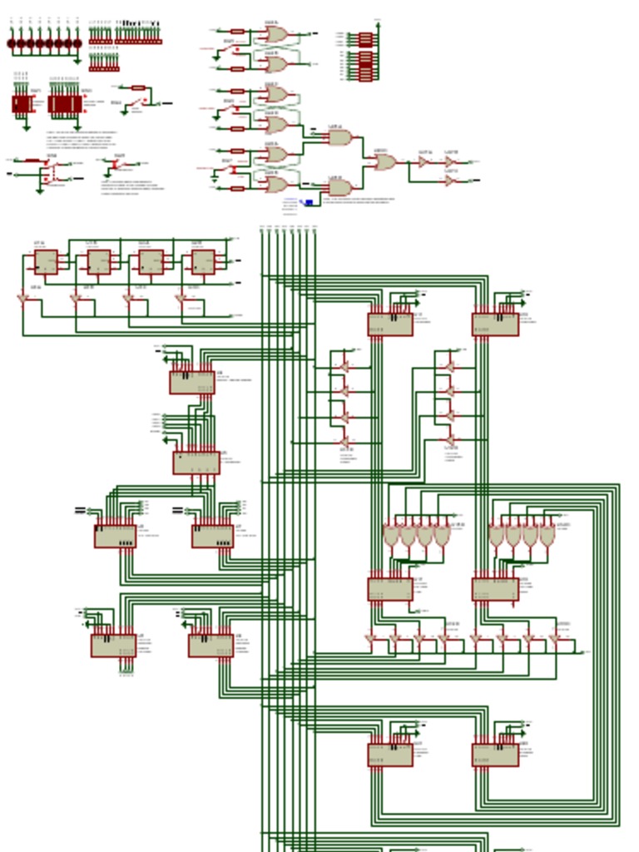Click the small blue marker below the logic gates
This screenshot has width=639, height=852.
click(x=309, y=202)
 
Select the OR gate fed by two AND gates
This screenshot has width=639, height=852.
click(x=384, y=162)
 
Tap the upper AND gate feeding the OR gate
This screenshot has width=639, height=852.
click(x=339, y=137)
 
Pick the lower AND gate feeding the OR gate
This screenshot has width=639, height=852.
click(x=339, y=187)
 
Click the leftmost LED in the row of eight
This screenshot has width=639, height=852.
click(x=12, y=43)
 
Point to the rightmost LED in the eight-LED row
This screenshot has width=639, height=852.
click(x=77, y=43)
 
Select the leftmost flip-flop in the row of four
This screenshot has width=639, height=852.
click(x=46, y=262)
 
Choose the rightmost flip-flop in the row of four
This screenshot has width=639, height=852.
click(x=202, y=262)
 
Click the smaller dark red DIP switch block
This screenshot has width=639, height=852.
click(x=22, y=104)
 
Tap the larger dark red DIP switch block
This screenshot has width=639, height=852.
click(x=65, y=104)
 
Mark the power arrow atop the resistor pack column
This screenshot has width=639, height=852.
click(x=378, y=24)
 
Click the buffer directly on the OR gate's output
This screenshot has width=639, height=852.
click(x=423, y=162)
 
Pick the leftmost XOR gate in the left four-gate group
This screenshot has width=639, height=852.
click(x=391, y=535)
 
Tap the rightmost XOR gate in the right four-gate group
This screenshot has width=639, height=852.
click(x=547, y=535)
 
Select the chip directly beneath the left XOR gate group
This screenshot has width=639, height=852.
click(x=389, y=589)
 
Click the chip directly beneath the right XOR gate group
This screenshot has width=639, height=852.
click(x=495, y=589)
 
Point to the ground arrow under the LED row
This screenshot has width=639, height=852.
click(x=77, y=60)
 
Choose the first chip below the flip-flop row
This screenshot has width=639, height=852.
click(x=192, y=382)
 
